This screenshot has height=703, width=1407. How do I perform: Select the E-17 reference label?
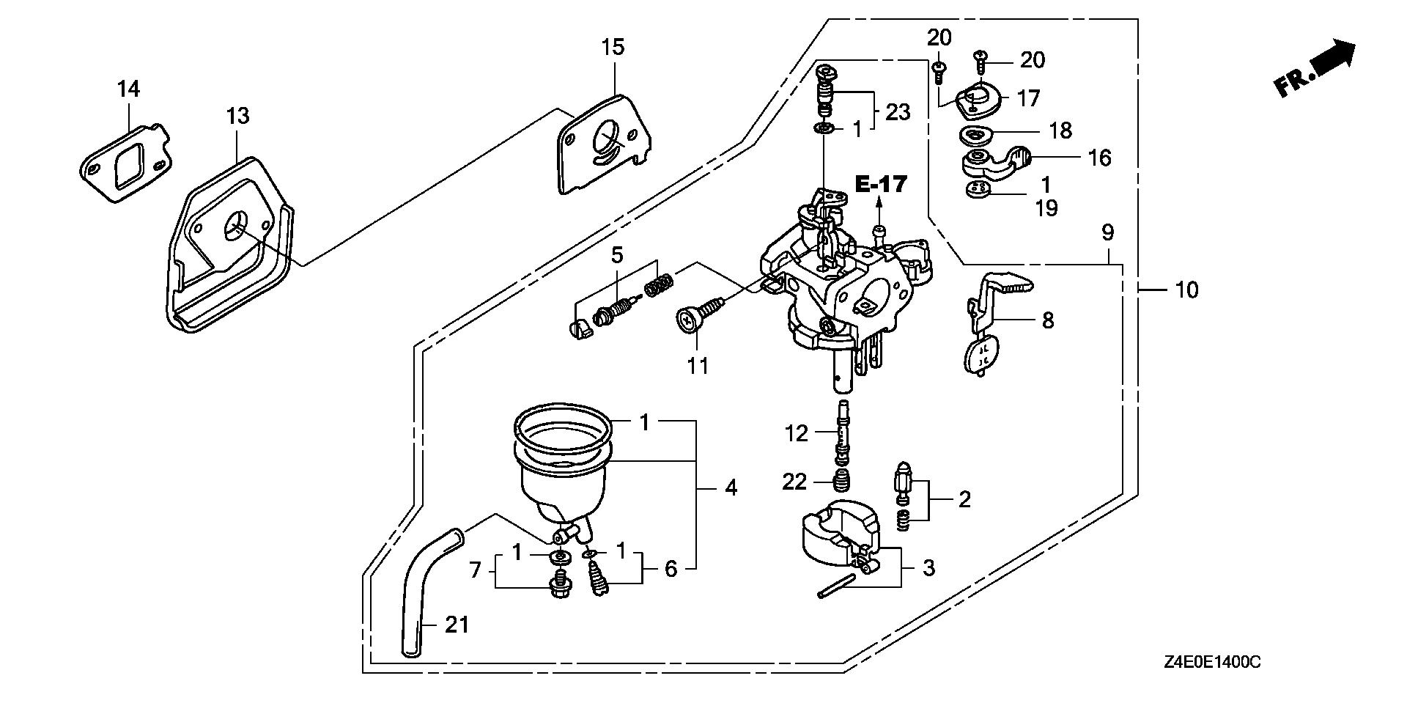tap(881, 184)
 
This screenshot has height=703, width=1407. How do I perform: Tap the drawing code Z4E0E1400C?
tap(1212, 662)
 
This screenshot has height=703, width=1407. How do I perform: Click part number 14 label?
tap(128, 89)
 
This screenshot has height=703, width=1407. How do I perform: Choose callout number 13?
tap(237, 115)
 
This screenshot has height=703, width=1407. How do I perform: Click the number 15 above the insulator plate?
tap(613, 48)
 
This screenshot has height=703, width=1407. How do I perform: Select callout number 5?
tap(617, 255)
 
